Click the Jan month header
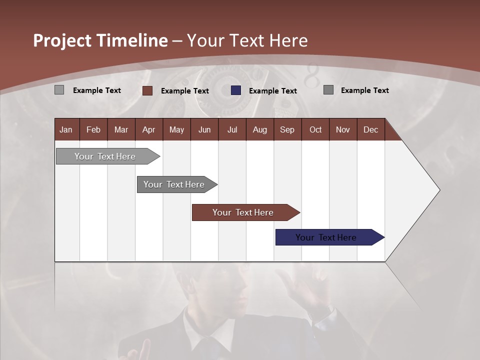pyautogui.click(x=66, y=129)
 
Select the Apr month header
pyautogui.click(x=148, y=129)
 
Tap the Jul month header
pyautogui.click(x=232, y=129)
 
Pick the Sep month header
pyautogui.click(x=287, y=129)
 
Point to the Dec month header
pyautogui.click(x=370, y=129)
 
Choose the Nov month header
pyautogui.click(x=342, y=129)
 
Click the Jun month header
pyautogui.click(x=204, y=129)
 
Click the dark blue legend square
pyautogui.click(x=236, y=90)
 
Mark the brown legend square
pyautogui.click(x=147, y=90)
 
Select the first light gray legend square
pyautogui.click(x=59, y=90)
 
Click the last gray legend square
pyautogui.click(x=328, y=90)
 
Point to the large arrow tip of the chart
pyautogui.click(x=430, y=190)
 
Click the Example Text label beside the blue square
pyautogui.click(x=272, y=91)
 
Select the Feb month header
pyautogui.click(x=93, y=129)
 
